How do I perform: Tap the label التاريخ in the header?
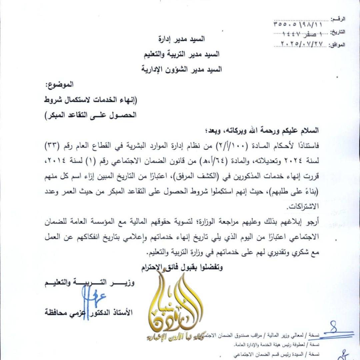(x=338, y=32)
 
